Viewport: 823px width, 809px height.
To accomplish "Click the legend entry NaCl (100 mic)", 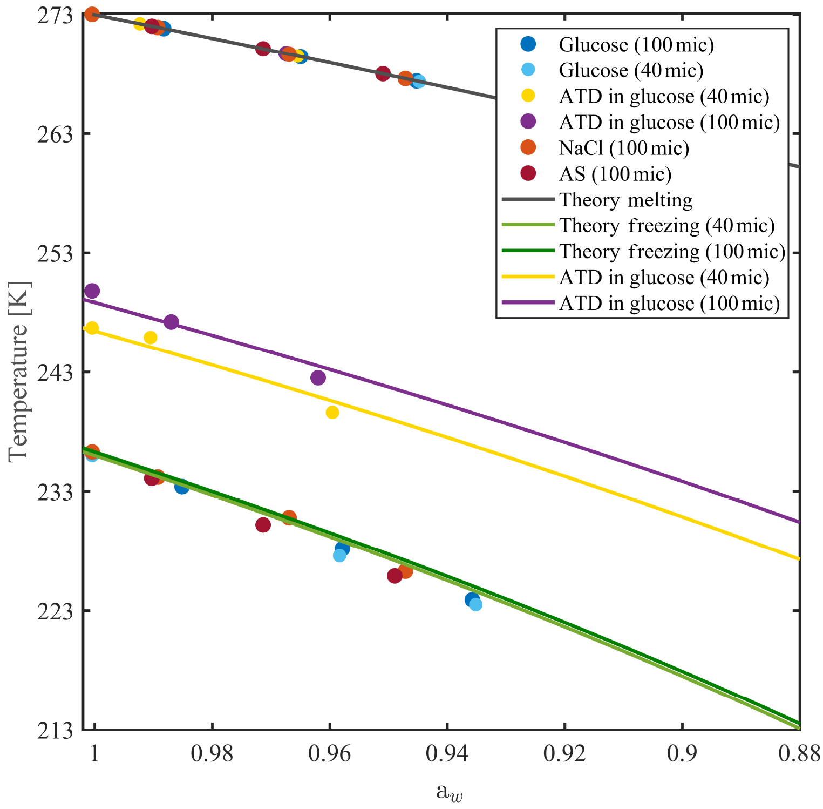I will (x=624, y=148).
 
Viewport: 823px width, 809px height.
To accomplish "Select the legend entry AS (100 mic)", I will (x=615, y=174).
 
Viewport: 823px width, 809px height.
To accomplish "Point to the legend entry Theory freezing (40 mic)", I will (x=666, y=225).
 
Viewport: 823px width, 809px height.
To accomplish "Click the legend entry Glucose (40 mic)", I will (x=631, y=70).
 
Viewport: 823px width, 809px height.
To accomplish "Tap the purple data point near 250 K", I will (x=92, y=291).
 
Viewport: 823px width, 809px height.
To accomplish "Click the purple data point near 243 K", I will (x=318, y=377).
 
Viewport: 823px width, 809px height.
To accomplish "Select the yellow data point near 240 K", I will (x=332, y=413).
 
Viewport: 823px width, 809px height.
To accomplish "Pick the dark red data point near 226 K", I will (x=395, y=576).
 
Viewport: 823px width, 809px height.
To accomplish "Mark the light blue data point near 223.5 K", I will (x=475, y=604).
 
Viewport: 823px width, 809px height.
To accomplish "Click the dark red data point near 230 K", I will (x=263, y=525).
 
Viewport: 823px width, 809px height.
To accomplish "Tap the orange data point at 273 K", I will (x=92, y=14).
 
